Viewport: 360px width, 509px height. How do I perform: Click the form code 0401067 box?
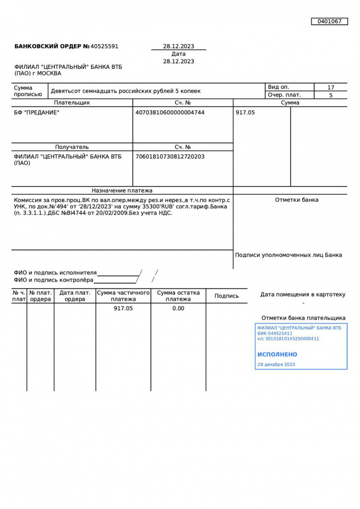pos(329,21)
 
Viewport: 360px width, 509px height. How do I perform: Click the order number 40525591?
pos(104,46)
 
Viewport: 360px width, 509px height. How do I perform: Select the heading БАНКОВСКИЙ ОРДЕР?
pos(48,46)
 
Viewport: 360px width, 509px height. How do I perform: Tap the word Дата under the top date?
pos(178,54)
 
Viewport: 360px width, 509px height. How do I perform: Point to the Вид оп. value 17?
pos(331,87)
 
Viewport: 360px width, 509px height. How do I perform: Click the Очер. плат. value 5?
pos(331,95)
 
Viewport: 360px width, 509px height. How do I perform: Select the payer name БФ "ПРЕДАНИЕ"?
pos(37,112)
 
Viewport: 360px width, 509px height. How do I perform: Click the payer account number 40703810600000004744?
pos(170,112)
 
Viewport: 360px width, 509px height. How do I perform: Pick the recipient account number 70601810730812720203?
pos(170,157)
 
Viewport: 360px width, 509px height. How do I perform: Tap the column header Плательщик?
pos(72,103)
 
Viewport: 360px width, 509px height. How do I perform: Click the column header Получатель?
pos(72,147)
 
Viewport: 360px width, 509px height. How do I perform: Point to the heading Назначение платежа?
pos(122,190)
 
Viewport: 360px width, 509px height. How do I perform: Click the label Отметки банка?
pos(297,200)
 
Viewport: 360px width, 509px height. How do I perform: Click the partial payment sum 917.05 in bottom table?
pos(123,308)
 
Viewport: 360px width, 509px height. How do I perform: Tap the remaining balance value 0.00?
pos(178,308)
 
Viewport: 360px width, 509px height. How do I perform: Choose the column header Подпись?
pos(226,296)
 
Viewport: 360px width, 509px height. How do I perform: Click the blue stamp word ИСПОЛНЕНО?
pos(277,354)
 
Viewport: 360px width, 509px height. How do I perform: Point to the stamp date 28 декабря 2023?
pos(276,364)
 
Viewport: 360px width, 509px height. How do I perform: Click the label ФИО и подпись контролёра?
pos(53,280)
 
